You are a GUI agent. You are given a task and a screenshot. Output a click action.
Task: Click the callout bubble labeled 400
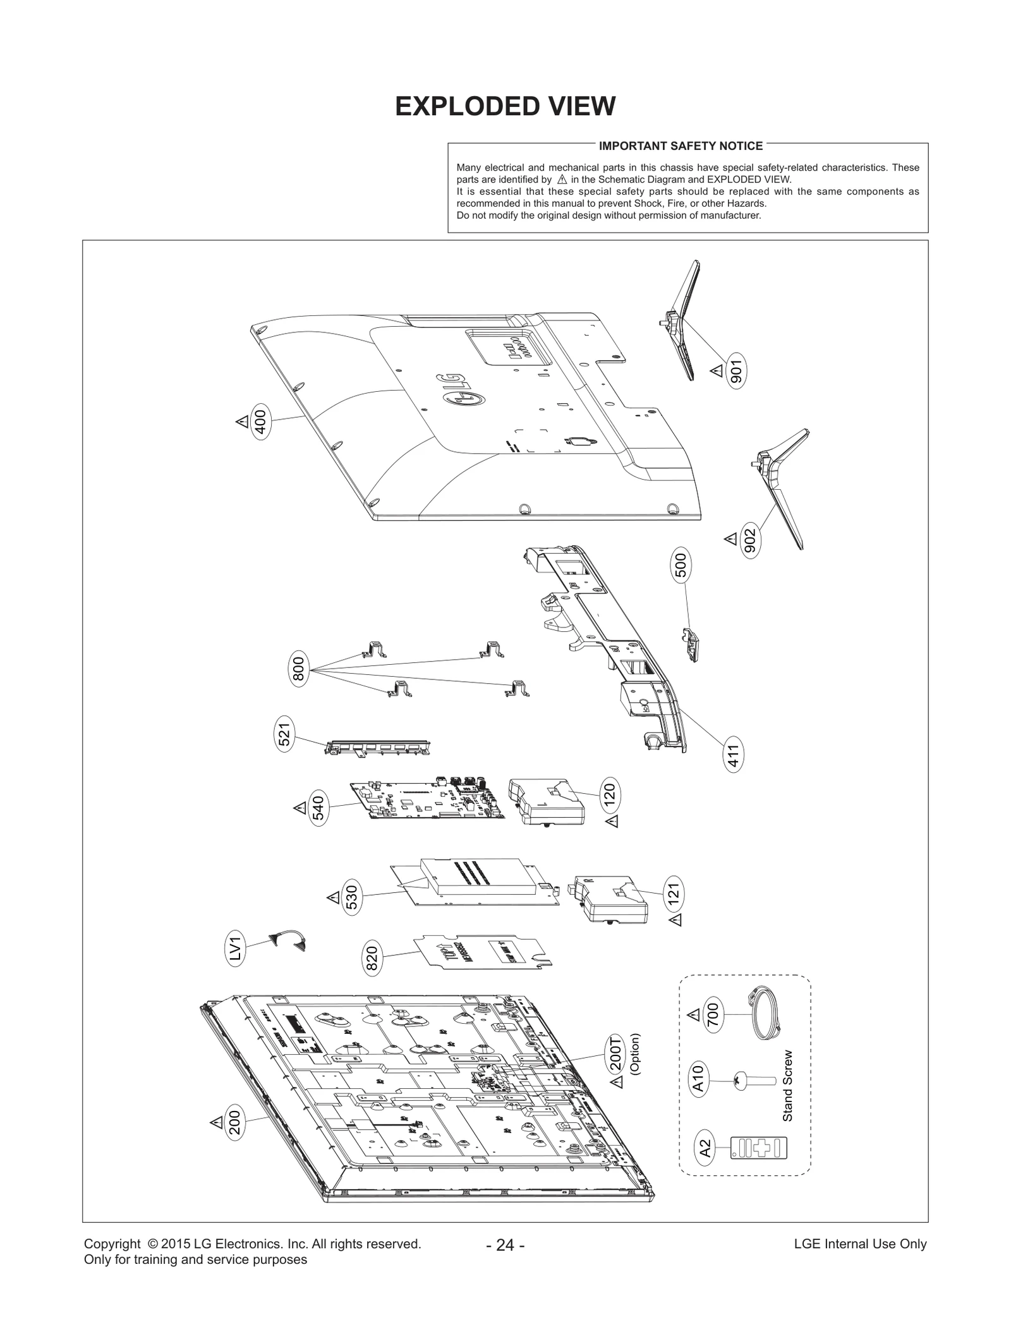260,421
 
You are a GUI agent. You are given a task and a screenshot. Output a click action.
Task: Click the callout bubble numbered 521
285,734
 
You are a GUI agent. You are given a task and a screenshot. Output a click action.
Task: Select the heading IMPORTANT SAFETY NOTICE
681,146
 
